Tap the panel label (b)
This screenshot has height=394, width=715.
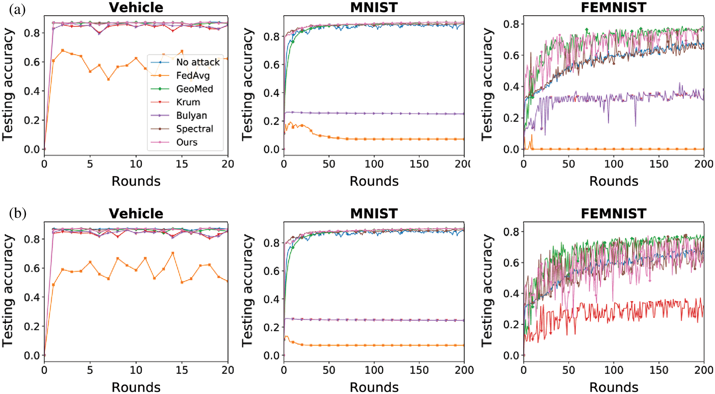[17, 213]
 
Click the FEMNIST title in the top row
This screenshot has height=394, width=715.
[613, 7]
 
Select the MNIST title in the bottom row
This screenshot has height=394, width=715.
[374, 213]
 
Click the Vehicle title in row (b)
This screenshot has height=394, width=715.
[136, 213]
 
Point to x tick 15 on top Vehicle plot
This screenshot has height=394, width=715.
[182, 164]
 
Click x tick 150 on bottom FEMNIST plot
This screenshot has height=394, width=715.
[659, 370]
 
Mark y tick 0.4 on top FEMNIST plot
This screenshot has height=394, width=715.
[511, 87]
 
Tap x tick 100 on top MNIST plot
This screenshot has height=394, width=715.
[374, 164]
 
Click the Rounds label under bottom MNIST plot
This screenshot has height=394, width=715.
[374, 387]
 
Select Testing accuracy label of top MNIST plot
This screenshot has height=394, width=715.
[248, 84]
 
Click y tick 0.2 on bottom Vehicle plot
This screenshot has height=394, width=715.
[32, 326]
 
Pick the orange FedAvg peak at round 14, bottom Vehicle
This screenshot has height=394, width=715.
[173, 253]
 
